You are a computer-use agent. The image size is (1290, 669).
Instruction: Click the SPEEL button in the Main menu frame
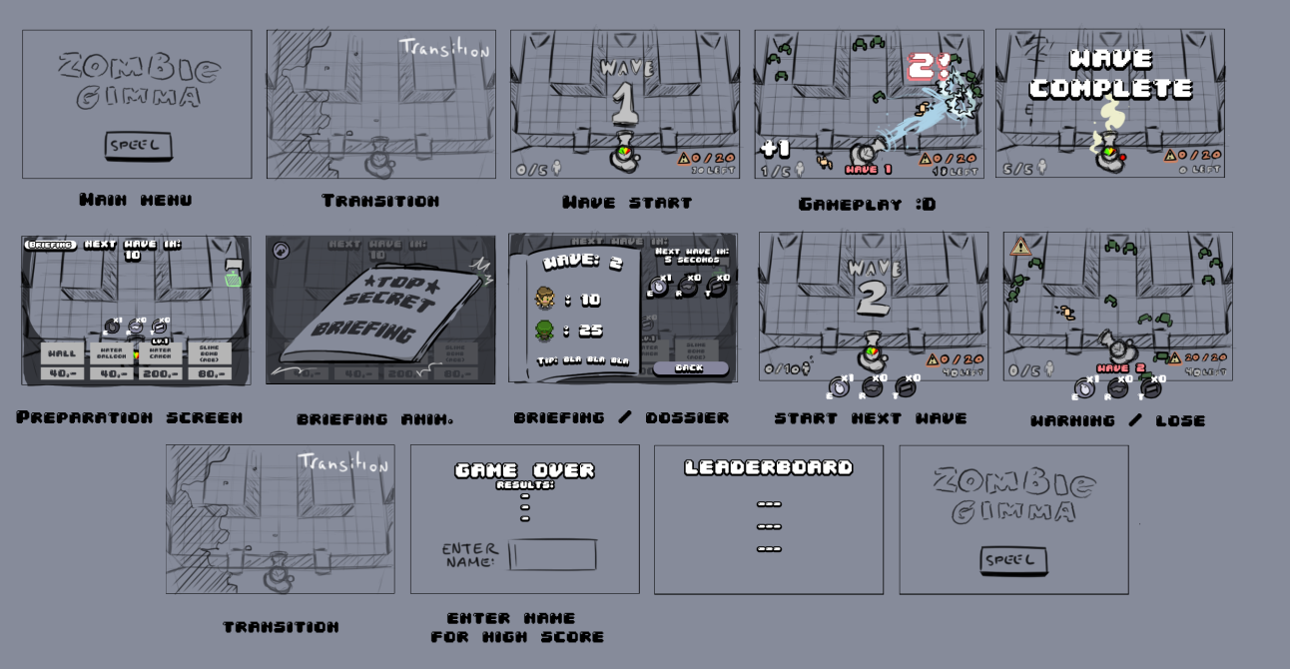(x=138, y=146)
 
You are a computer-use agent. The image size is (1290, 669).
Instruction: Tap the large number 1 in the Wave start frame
(x=625, y=102)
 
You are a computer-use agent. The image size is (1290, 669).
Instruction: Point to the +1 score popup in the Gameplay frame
(x=775, y=149)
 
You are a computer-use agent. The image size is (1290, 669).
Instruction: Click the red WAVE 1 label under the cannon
(x=868, y=170)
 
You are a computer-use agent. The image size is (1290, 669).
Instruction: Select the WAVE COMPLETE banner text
(x=1110, y=74)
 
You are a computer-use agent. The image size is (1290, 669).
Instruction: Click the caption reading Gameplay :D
(x=867, y=204)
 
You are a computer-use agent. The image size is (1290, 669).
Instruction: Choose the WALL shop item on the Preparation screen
(x=63, y=353)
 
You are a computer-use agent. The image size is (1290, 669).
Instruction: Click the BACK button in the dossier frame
(x=690, y=367)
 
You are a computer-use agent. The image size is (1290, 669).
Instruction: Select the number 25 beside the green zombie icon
(x=589, y=331)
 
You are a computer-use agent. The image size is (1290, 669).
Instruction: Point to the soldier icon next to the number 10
(x=544, y=298)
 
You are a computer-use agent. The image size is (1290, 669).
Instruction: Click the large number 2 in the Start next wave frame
(x=872, y=298)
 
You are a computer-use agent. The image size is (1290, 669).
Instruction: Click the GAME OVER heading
(x=524, y=469)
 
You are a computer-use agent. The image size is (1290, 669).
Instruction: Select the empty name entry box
(x=553, y=555)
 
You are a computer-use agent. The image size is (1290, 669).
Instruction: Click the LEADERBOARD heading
(x=768, y=467)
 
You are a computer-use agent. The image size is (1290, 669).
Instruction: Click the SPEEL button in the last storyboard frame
(x=1013, y=560)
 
